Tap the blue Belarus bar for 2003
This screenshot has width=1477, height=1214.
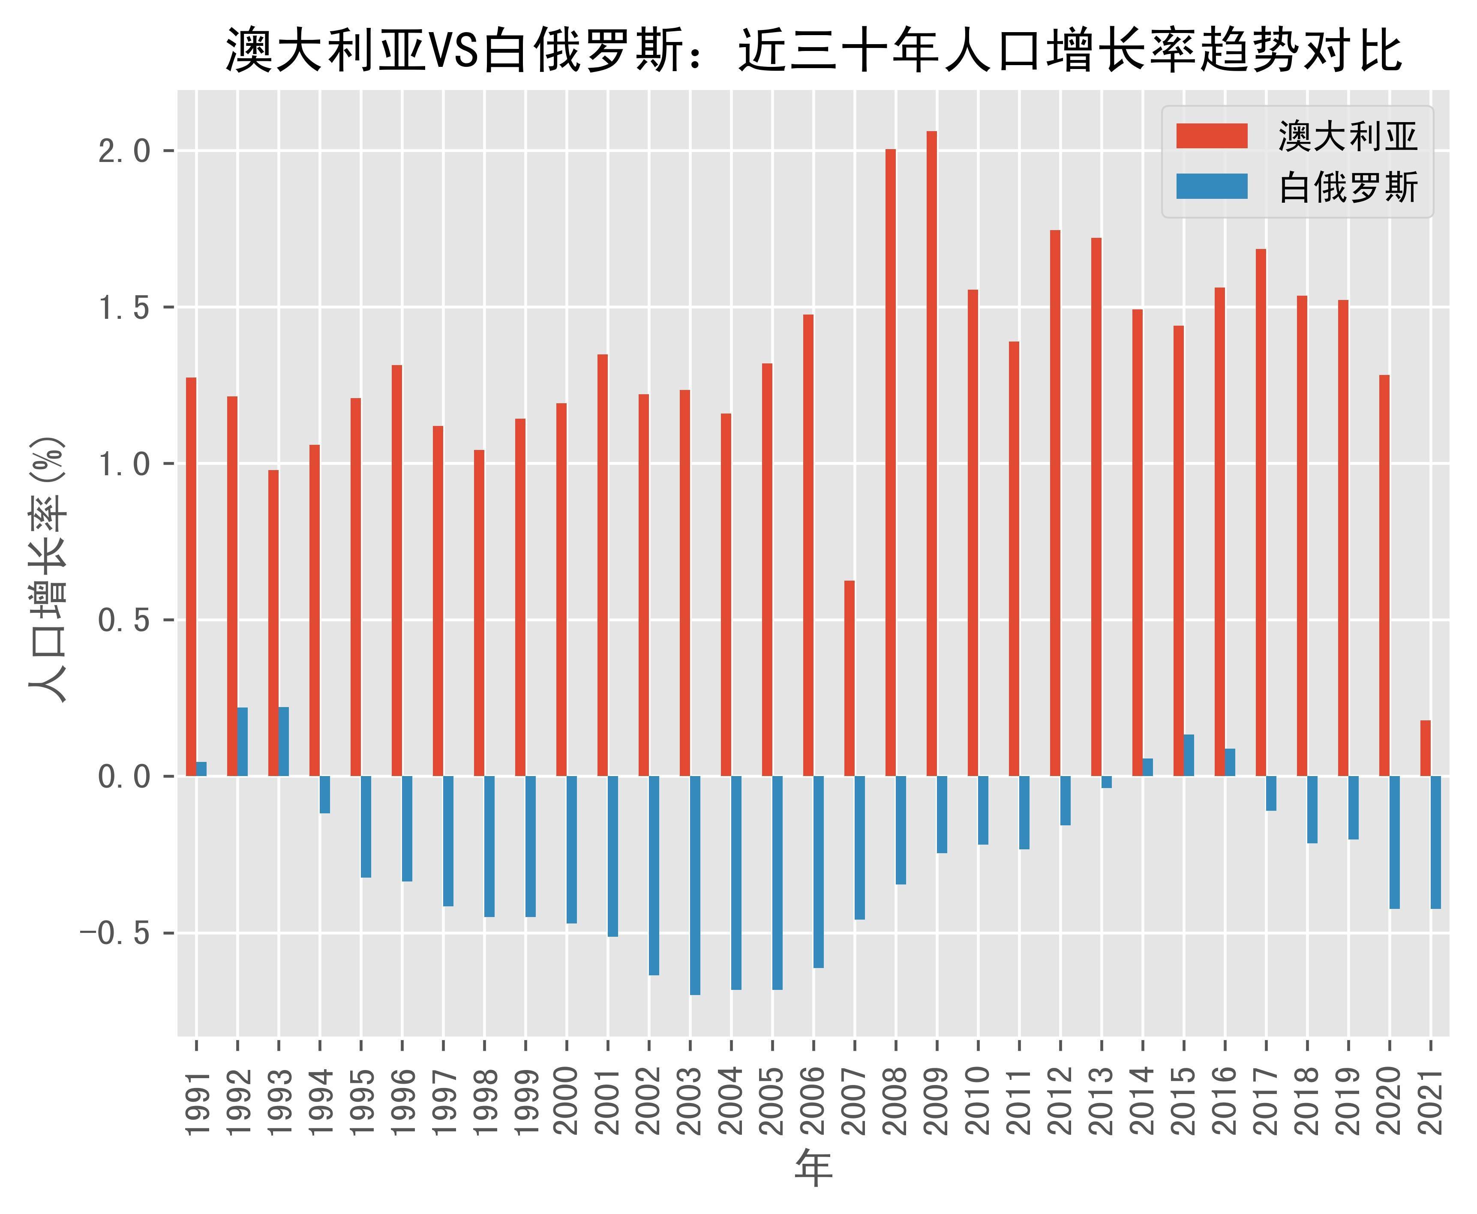click(x=695, y=884)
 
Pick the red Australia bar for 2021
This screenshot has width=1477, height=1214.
click(x=1425, y=748)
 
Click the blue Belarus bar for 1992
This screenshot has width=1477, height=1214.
click(x=243, y=741)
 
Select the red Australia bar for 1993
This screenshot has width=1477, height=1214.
click(x=273, y=622)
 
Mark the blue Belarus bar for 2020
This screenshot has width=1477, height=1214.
click(x=1394, y=842)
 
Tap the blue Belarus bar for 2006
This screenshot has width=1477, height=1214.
click(x=818, y=871)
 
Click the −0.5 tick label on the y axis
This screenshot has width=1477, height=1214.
click(x=115, y=933)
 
